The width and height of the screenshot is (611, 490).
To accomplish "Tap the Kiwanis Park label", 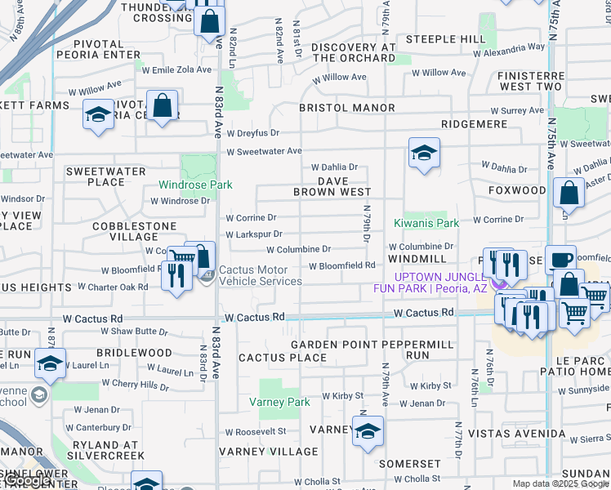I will (426, 223).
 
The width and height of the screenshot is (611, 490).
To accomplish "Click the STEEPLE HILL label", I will (445, 39).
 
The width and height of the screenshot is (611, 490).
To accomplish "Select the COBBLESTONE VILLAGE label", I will (134, 231).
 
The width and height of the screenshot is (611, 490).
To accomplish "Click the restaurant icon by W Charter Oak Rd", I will (177, 276).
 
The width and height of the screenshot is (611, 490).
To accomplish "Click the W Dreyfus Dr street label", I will (253, 133).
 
